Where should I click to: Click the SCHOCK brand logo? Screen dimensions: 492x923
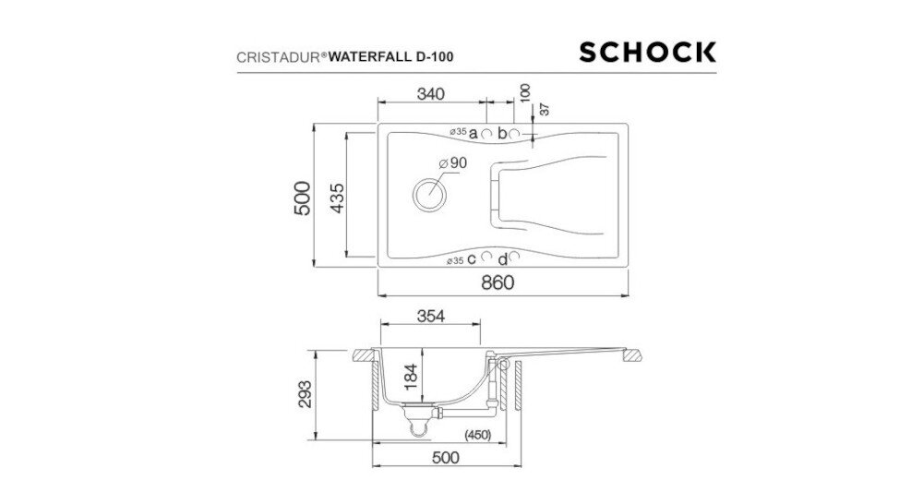(647, 52)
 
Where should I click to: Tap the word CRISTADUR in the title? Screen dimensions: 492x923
(269, 55)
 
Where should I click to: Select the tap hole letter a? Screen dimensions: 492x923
(473, 134)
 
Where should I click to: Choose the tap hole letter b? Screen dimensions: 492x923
(502, 134)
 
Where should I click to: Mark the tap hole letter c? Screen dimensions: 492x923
(472, 259)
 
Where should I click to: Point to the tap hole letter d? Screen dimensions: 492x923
(502, 259)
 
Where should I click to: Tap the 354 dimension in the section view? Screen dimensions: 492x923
(430, 317)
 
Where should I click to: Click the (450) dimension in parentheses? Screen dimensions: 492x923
(475, 434)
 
